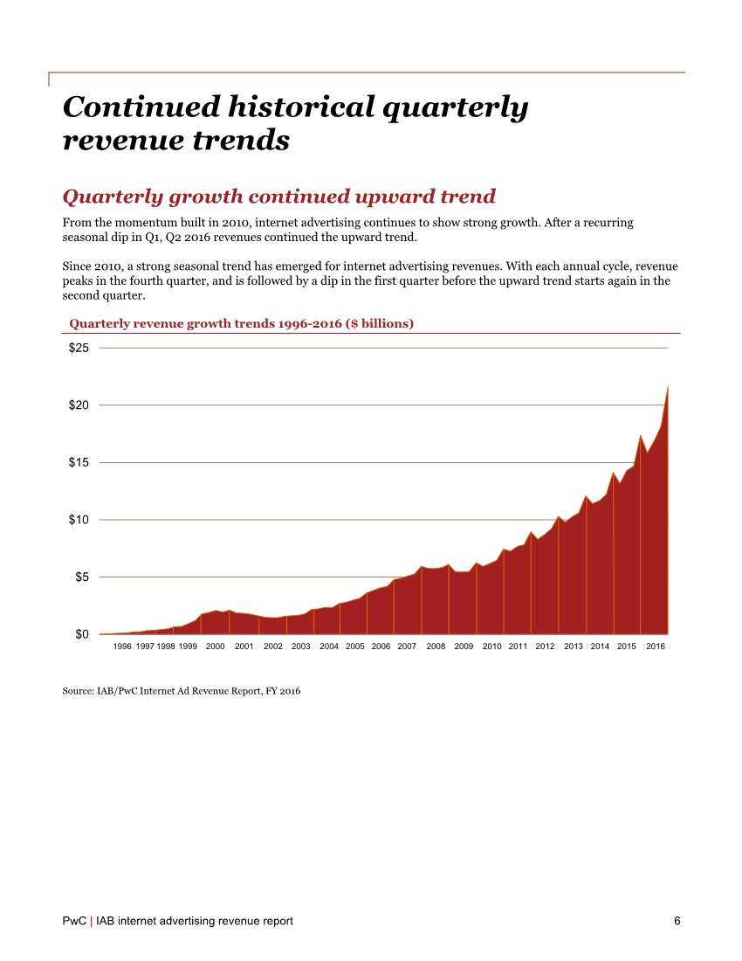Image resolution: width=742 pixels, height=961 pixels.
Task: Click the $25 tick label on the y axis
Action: tap(79, 348)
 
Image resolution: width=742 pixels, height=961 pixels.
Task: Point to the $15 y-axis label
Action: tap(79, 462)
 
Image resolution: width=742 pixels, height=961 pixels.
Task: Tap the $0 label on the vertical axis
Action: tap(81, 634)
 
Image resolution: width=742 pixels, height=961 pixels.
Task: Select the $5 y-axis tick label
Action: tap(81, 577)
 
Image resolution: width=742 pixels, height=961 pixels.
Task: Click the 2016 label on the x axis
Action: tap(656, 646)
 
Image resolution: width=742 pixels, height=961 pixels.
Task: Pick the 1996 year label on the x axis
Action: tap(123, 646)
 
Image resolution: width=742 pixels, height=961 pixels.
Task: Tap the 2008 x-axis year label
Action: tap(436, 646)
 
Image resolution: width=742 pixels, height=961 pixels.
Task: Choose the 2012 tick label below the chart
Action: tap(545, 646)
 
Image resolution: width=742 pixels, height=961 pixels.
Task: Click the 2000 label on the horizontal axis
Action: tap(216, 646)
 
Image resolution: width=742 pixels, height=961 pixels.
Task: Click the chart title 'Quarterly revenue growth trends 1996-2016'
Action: tap(241, 323)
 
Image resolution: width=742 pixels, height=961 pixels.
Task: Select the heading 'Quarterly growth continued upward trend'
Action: tap(279, 196)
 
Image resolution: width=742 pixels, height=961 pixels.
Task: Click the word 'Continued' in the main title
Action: tap(139, 107)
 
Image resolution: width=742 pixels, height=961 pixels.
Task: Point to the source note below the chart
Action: tap(182, 691)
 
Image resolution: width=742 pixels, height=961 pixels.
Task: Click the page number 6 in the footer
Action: tap(677, 921)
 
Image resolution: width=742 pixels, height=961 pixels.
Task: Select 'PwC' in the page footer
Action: tap(74, 921)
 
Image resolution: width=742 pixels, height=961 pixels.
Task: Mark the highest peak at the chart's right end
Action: tap(668, 387)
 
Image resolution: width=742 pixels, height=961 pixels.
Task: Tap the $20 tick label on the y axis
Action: tap(79, 404)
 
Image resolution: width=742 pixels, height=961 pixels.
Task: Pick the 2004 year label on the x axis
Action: tap(329, 646)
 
